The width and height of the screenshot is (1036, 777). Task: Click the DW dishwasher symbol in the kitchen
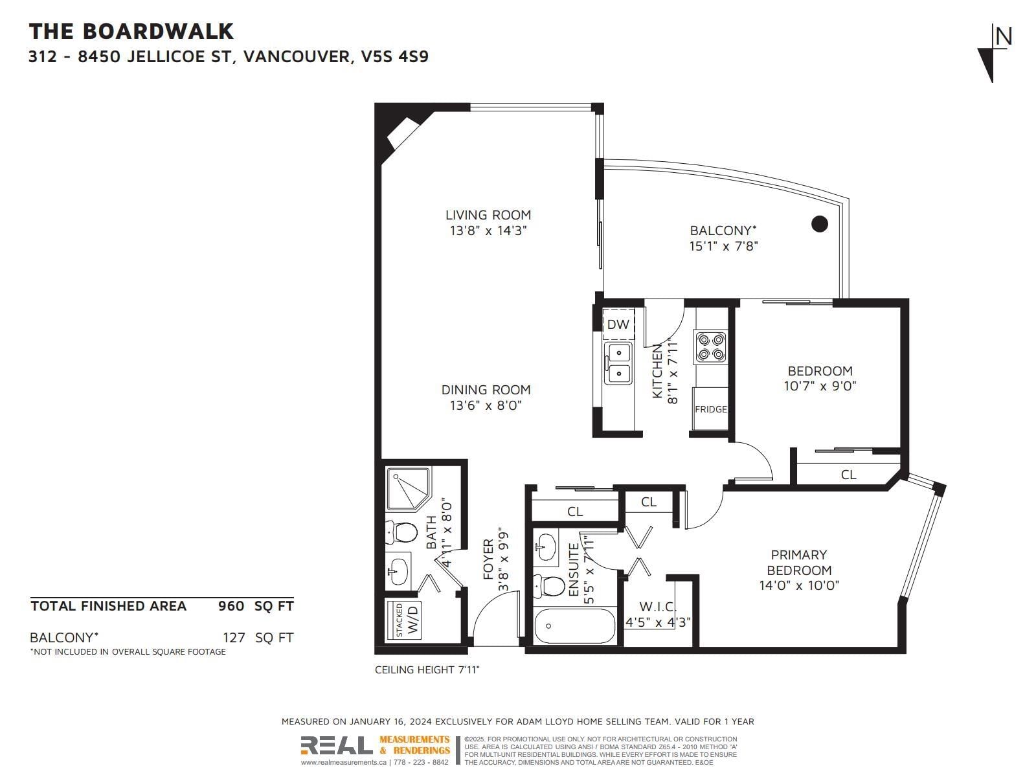click(618, 324)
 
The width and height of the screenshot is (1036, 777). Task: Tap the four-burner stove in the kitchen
click(710, 347)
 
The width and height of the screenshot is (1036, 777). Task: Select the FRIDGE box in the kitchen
click(710, 409)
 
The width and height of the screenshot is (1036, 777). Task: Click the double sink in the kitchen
click(618, 364)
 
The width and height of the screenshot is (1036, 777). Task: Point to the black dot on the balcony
click(819, 223)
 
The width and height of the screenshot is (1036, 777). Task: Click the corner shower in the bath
click(409, 489)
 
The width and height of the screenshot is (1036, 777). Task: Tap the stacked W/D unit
click(404, 620)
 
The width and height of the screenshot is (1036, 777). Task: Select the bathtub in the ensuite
click(574, 625)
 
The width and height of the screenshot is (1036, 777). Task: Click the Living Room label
click(488, 215)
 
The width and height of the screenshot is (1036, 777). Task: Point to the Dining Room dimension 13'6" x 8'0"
click(486, 405)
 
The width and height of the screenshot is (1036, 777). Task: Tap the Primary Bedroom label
click(798, 562)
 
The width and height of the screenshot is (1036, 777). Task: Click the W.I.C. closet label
click(658, 607)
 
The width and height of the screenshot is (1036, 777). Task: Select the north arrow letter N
click(1004, 37)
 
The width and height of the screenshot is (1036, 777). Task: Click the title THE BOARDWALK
click(131, 31)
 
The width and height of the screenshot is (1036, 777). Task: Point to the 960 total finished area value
click(231, 606)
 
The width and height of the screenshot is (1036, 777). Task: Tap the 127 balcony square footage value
click(234, 638)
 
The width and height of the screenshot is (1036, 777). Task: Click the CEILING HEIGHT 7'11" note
click(427, 670)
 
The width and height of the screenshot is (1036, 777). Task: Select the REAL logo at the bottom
click(337, 745)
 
